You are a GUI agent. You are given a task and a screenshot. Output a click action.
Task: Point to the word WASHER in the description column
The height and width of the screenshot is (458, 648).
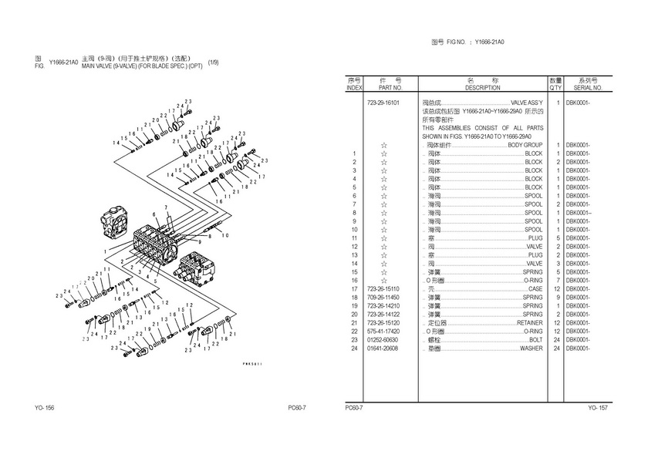click(x=531, y=348)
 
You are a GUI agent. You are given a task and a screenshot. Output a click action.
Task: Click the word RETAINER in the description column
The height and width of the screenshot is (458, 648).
click(x=528, y=322)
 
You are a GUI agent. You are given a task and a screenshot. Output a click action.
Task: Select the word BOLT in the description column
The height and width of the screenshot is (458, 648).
click(x=536, y=339)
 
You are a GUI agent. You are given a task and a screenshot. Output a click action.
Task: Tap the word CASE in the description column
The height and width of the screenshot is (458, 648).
click(x=535, y=288)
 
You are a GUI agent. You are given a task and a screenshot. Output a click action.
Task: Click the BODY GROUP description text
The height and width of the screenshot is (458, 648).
click(x=525, y=145)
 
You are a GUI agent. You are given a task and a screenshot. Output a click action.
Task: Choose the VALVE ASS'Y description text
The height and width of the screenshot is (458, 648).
click(x=527, y=103)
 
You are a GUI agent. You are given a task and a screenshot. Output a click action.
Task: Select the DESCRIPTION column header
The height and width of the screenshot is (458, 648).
click(x=483, y=88)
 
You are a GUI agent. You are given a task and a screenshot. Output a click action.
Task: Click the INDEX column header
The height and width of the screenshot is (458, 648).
click(x=354, y=88)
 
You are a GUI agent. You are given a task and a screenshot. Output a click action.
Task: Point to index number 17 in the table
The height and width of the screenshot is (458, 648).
click(x=354, y=288)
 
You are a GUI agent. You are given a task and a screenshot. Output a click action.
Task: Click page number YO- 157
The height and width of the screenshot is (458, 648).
click(x=598, y=407)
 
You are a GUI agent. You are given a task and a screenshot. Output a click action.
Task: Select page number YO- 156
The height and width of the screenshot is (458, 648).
click(x=44, y=407)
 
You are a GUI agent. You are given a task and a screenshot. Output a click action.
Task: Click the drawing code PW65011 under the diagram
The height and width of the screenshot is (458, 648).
click(x=252, y=363)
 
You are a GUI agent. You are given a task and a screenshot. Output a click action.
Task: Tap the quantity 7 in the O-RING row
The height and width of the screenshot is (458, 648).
click(x=557, y=280)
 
